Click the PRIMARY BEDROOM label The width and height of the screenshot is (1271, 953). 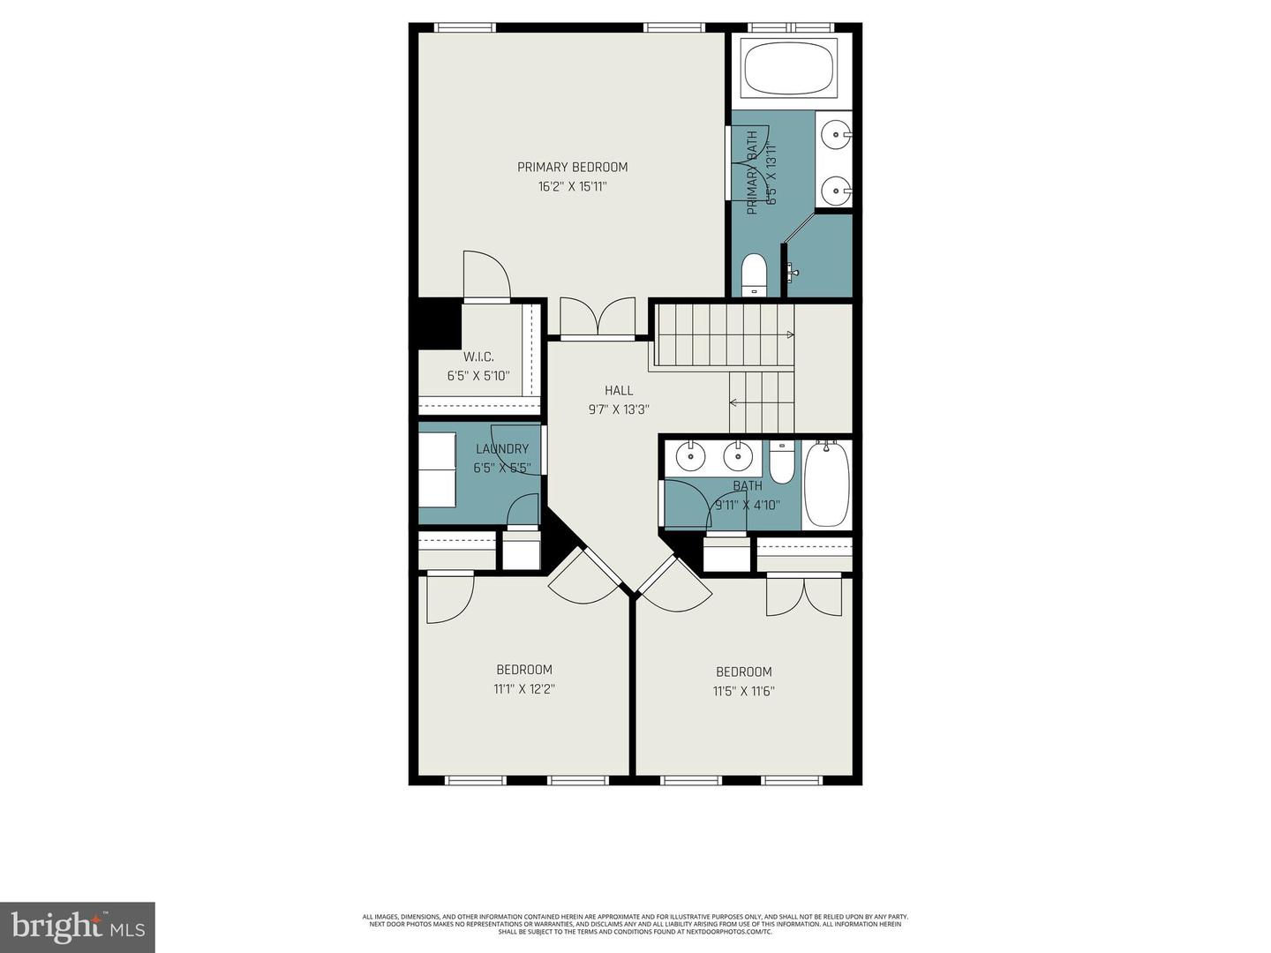(x=572, y=167)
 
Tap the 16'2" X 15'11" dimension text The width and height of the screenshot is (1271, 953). (x=572, y=187)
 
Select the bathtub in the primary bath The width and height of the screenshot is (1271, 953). (x=788, y=68)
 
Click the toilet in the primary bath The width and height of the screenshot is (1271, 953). (x=754, y=274)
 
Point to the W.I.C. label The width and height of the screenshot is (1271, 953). (x=478, y=356)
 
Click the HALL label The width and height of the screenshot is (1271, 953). (x=618, y=390)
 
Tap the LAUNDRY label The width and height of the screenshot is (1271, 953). (x=501, y=448)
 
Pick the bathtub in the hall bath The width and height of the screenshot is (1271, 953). (x=826, y=484)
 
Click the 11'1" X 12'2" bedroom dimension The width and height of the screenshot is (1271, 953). (x=523, y=689)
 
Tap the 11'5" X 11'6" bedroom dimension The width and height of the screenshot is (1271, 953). (x=743, y=691)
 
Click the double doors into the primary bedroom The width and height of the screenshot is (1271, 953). (x=598, y=319)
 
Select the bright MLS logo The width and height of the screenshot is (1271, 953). (x=78, y=927)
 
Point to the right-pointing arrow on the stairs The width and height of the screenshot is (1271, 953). (x=789, y=334)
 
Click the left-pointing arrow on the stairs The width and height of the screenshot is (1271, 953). (x=733, y=402)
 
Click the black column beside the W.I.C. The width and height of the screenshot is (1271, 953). (x=439, y=324)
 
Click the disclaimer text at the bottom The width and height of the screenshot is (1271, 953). (x=635, y=924)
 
